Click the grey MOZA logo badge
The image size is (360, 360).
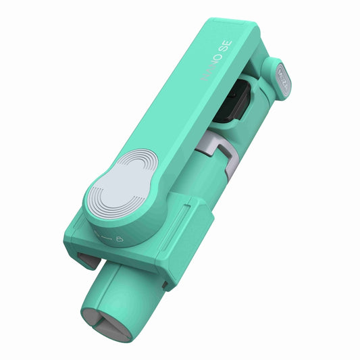click(282, 72)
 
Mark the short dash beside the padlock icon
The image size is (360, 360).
click(105, 236)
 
